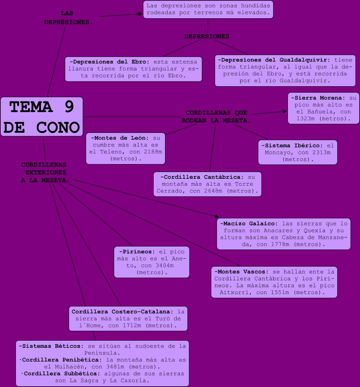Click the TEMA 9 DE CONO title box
click(42, 117)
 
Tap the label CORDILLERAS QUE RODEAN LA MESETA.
click(216, 117)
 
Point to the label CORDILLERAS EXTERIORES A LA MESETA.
click(44, 172)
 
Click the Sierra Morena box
click(323, 108)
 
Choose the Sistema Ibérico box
click(298, 152)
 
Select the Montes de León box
click(126, 148)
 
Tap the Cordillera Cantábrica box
click(208, 184)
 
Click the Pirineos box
click(152, 262)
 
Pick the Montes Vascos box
click(274, 282)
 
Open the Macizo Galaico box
click(284, 234)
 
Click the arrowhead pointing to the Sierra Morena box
click(285, 112)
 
